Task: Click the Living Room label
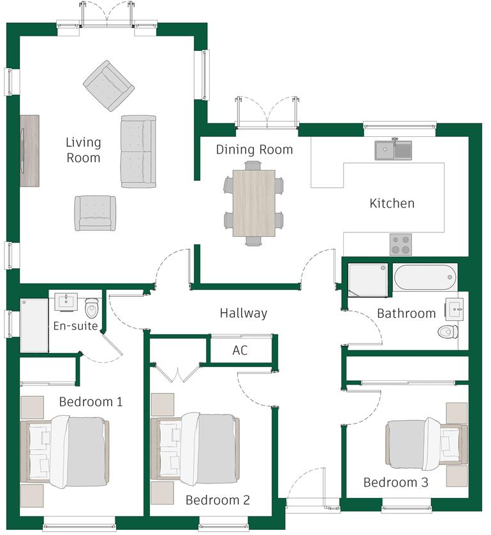(83, 149)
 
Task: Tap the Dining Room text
(254, 150)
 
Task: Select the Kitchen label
(392, 204)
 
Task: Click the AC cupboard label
(240, 351)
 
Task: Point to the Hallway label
(243, 313)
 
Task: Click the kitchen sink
(393, 150)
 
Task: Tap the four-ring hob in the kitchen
(400, 244)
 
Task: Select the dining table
(254, 203)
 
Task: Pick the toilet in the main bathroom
(448, 331)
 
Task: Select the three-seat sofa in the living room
(138, 152)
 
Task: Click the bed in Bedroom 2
(194, 448)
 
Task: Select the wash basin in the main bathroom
(455, 310)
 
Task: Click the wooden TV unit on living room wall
(29, 151)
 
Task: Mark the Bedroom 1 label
(91, 402)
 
